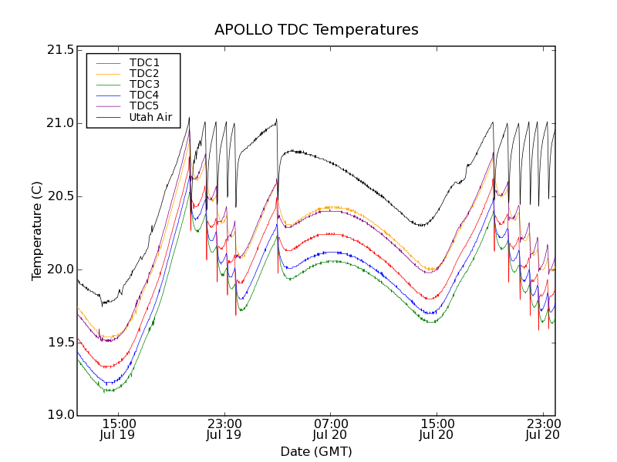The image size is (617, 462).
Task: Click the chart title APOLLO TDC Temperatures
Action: (316, 30)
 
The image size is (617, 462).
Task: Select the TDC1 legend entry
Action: (144, 62)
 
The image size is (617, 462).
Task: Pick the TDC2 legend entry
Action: (144, 73)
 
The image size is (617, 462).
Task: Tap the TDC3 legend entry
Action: (144, 84)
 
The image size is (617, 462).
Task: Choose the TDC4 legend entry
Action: (144, 95)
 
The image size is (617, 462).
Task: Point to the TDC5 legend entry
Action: (144, 105)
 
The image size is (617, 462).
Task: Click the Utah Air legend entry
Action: (150, 117)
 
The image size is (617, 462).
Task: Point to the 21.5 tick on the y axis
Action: (60, 50)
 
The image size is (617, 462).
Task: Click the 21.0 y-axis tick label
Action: (60, 123)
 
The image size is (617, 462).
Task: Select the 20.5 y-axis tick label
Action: (60, 196)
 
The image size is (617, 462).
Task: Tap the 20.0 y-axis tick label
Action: (60, 269)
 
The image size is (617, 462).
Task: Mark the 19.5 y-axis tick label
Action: (60, 343)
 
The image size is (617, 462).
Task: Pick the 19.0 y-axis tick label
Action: (60, 416)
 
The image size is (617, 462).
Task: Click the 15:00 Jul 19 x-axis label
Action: (120, 429)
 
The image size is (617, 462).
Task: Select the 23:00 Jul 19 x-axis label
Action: (224, 429)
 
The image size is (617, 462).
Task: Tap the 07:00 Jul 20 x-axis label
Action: (331, 429)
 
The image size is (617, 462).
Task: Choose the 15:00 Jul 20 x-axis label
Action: (437, 429)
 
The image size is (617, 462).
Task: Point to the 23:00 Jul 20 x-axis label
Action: (542, 429)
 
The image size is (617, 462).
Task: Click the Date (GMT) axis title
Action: (316, 451)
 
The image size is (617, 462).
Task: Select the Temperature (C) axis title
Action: (36, 231)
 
